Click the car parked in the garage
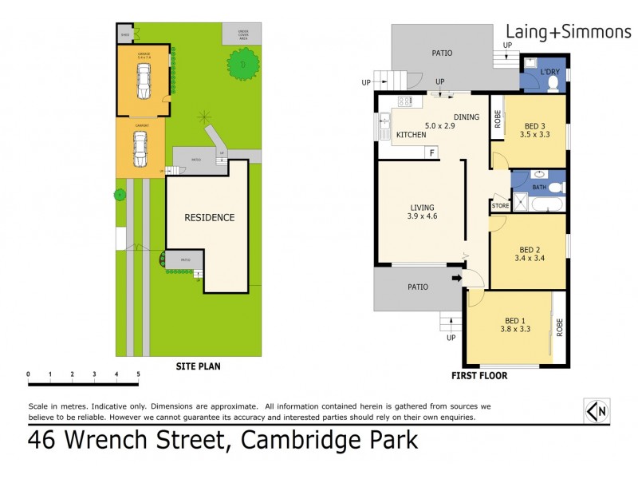point(144,81)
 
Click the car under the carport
point(140,148)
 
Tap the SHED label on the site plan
point(125,35)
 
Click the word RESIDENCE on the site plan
point(210,217)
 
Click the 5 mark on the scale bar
point(138,374)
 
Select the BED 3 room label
point(535,125)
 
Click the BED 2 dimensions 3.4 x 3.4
point(530,258)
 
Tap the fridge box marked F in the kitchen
point(431,152)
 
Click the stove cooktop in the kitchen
point(404,102)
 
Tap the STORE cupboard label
point(500,205)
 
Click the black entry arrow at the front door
point(456,279)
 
